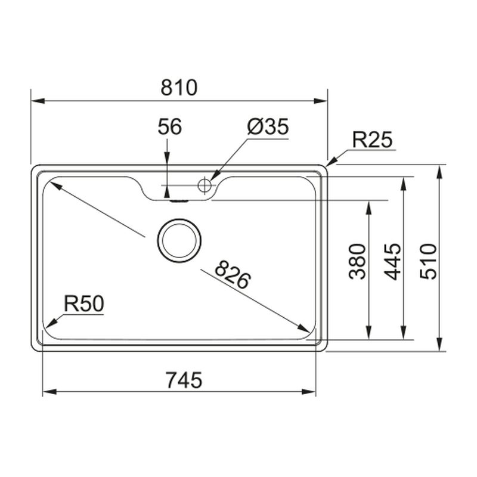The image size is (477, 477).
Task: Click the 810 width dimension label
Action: click(179, 88)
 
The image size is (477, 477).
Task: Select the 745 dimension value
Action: click(184, 380)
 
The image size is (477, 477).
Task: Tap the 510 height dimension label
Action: click(428, 261)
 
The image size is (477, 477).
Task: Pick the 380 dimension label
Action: click(357, 261)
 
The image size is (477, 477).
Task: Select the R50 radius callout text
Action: click(84, 303)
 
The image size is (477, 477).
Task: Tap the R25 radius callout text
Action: click(372, 140)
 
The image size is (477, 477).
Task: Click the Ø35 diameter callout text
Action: click(268, 126)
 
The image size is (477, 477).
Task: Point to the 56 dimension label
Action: click(170, 126)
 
